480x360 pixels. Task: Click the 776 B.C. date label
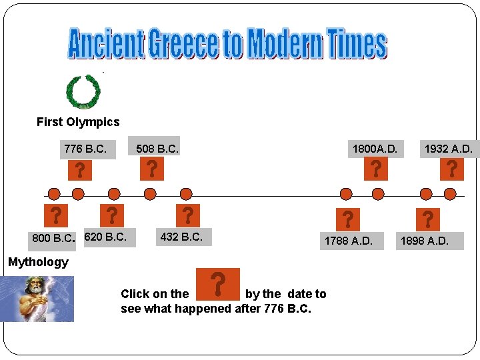click(x=85, y=149)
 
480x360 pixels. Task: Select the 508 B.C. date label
click(x=157, y=149)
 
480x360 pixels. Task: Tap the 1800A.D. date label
click(x=374, y=149)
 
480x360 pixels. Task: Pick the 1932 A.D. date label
click(x=448, y=149)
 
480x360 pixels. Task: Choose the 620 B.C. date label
click(x=105, y=236)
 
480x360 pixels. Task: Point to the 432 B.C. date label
click(x=181, y=236)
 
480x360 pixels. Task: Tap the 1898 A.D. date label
click(x=424, y=240)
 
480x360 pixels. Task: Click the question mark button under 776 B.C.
click(x=79, y=171)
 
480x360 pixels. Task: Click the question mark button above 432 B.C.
click(x=189, y=215)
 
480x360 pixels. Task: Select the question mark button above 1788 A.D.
click(x=348, y=219)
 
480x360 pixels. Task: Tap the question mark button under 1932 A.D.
click(x=452, y=169)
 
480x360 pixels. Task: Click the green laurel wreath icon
click(x=83, y=91)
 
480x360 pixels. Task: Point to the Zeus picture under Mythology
click(x=37, y=299)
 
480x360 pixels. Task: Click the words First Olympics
click(x=78, y=122)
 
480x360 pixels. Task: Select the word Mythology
click(x=38, y=262)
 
